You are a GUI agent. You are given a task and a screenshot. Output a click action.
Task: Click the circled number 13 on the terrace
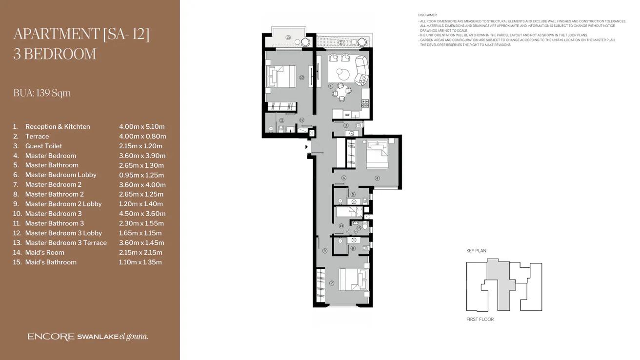point(288,38)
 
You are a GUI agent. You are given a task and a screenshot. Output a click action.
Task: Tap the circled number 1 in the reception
point(330,86)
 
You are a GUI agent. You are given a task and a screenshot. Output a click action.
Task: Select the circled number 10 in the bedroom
point(301,78)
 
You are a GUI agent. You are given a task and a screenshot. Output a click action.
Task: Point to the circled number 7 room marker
point(332,283)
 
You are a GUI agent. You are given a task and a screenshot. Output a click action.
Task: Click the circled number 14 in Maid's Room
point(341,226)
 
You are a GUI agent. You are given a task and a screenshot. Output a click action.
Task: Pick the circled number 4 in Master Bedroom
point(377,178)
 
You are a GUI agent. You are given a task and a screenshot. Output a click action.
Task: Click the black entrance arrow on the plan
point(306,146)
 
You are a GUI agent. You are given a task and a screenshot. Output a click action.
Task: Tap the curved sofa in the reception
point(361,71)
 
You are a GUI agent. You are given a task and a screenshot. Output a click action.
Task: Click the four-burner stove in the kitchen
point(365,103)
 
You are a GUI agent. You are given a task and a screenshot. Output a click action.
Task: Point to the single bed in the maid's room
point(348,212)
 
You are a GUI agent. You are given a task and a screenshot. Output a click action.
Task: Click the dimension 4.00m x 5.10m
point(141,127)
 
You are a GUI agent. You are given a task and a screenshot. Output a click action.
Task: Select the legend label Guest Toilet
point(43,146)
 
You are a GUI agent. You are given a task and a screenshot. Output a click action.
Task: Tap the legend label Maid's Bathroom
point(51,262)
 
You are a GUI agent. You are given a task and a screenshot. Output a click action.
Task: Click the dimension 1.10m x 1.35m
point(140,262)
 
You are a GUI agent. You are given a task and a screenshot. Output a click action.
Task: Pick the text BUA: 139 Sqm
point(42,93)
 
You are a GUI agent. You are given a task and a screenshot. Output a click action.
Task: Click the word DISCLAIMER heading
point(428,16)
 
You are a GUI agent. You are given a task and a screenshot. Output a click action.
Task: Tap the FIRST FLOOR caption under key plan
point(480,320)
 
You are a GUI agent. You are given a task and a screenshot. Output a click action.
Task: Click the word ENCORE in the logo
point(51,337)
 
